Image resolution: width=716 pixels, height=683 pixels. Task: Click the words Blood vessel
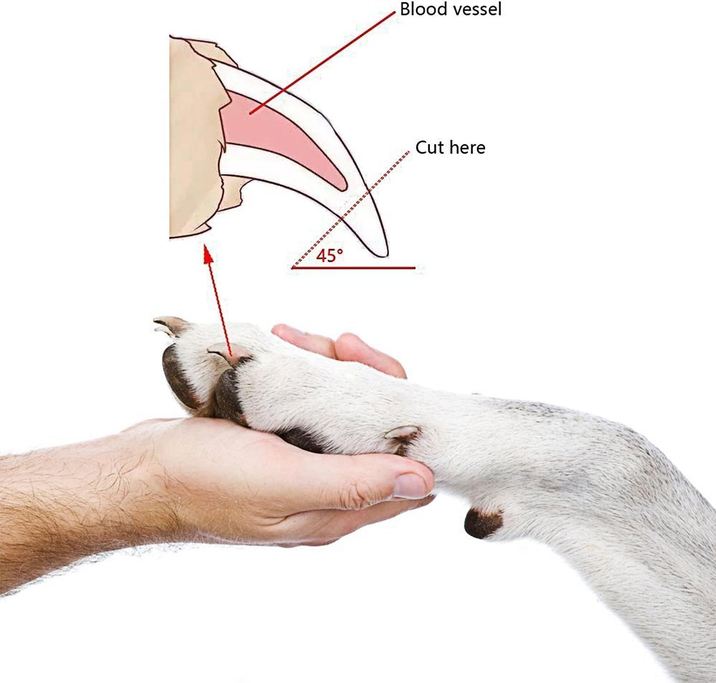[451, 9]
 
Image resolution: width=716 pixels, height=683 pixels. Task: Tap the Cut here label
[450, 147]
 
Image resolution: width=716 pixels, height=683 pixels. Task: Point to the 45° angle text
[329, 256]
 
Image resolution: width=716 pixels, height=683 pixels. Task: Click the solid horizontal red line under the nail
[353, 268]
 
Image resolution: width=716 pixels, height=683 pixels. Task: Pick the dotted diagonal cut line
[350, 210]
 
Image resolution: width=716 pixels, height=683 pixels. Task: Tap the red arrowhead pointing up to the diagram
[208, 254]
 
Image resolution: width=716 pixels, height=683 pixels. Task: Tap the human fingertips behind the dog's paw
[339, 348]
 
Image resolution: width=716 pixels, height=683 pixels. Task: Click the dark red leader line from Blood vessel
[322, 63]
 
